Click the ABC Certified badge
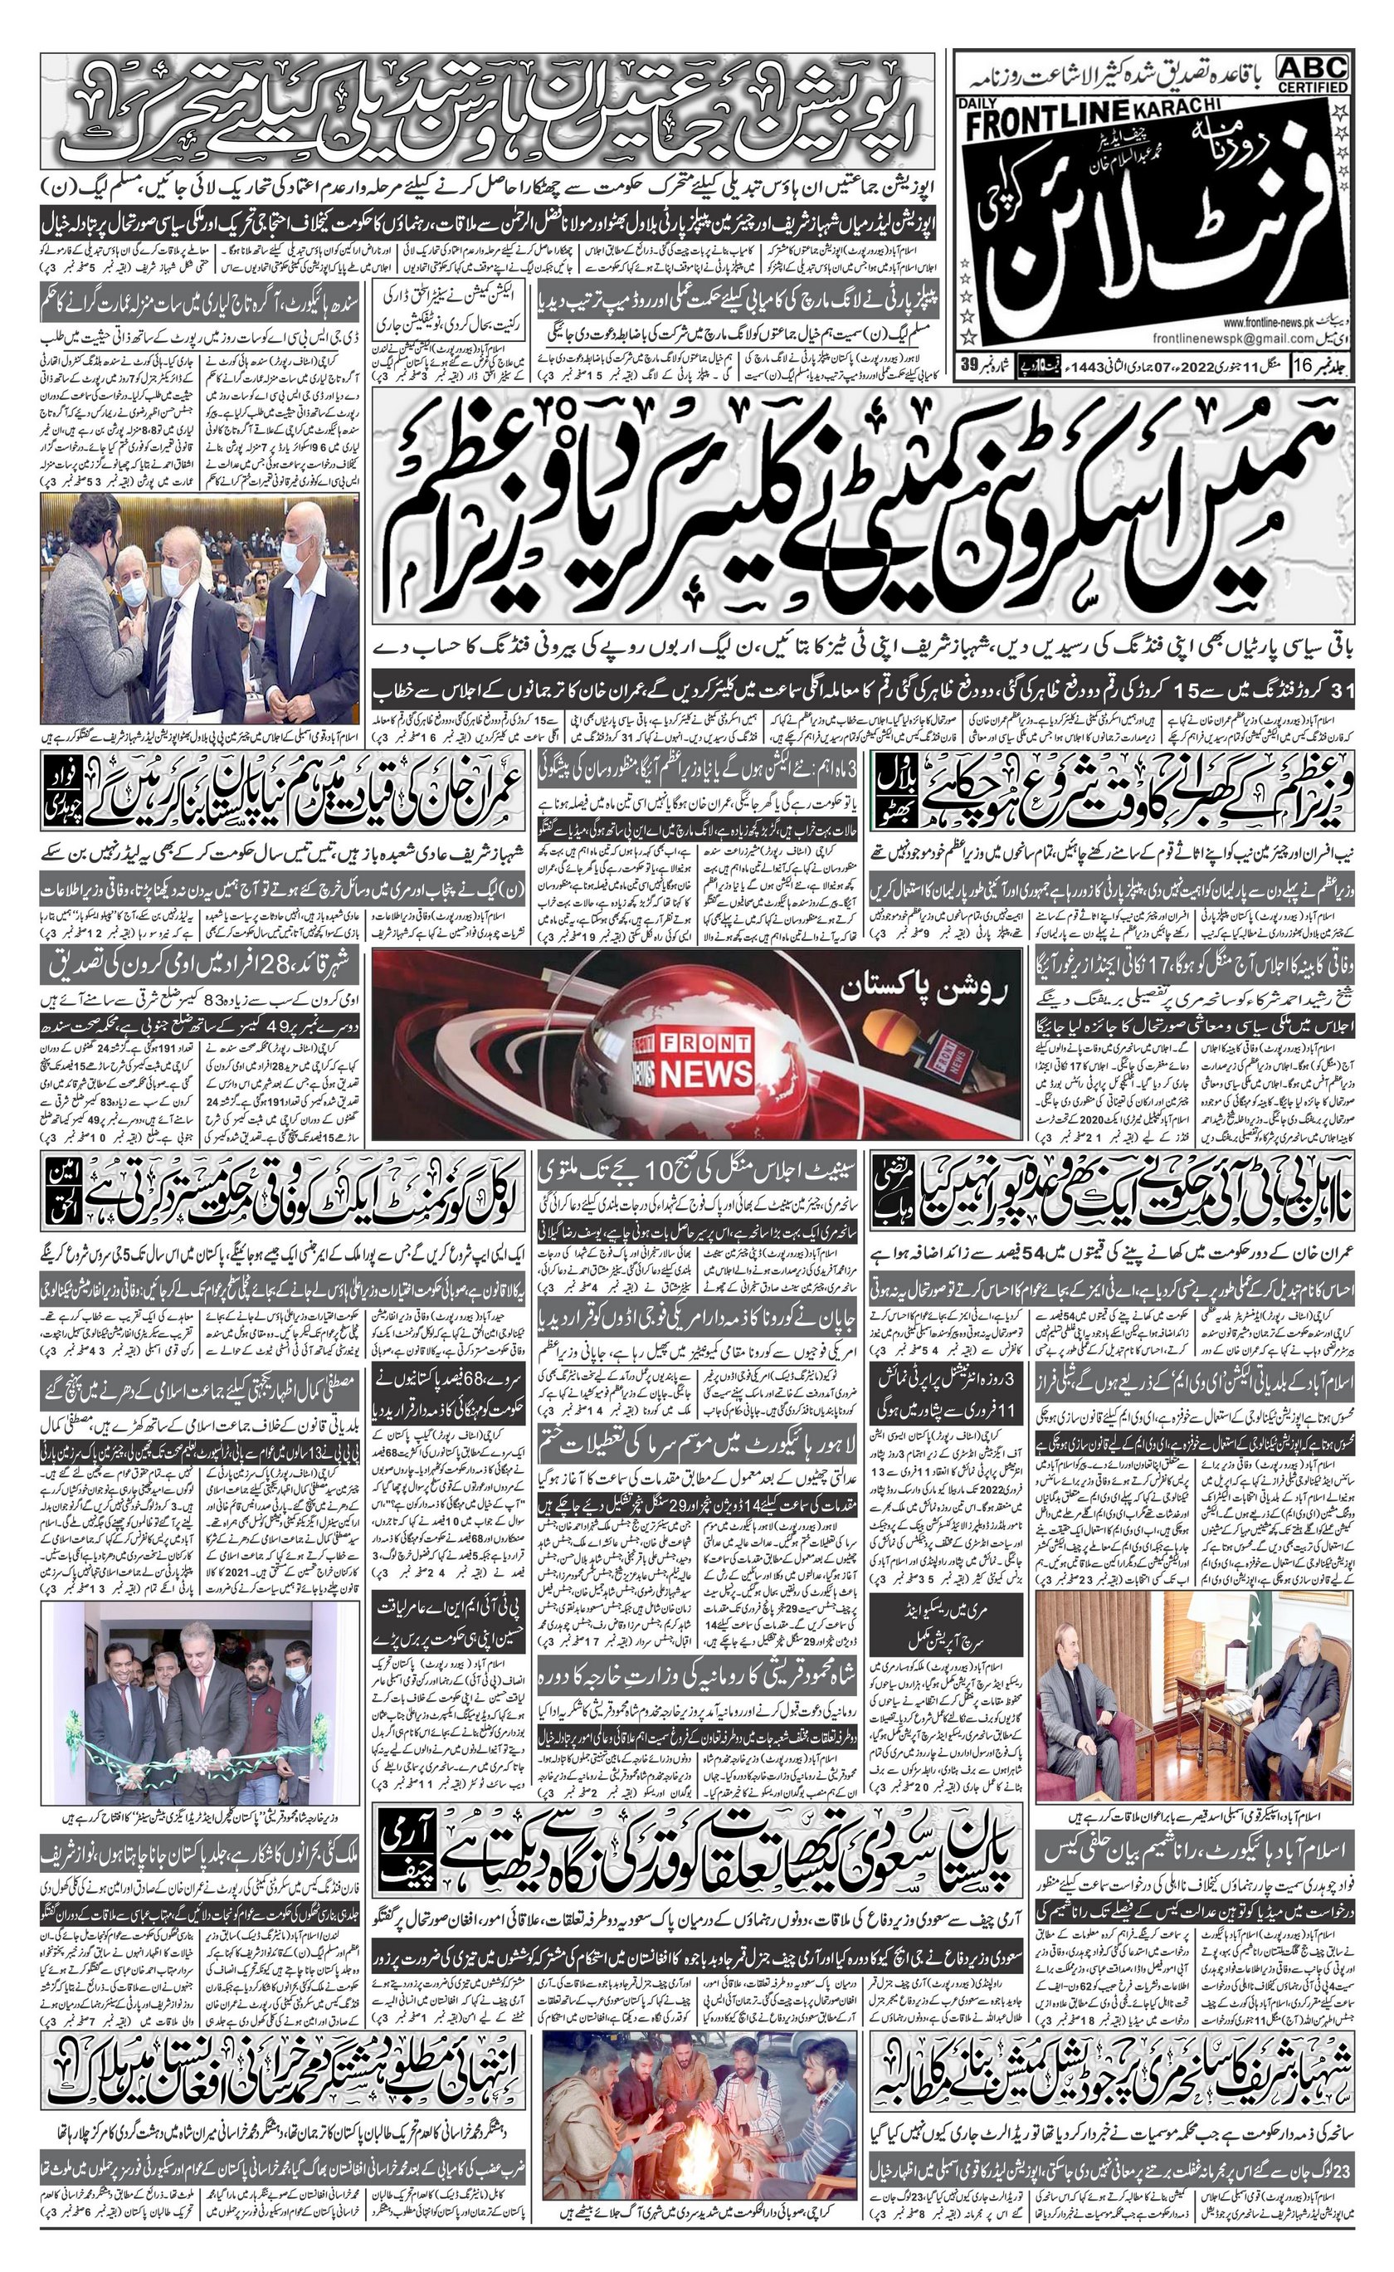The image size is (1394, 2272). [x=1313, y=74]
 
